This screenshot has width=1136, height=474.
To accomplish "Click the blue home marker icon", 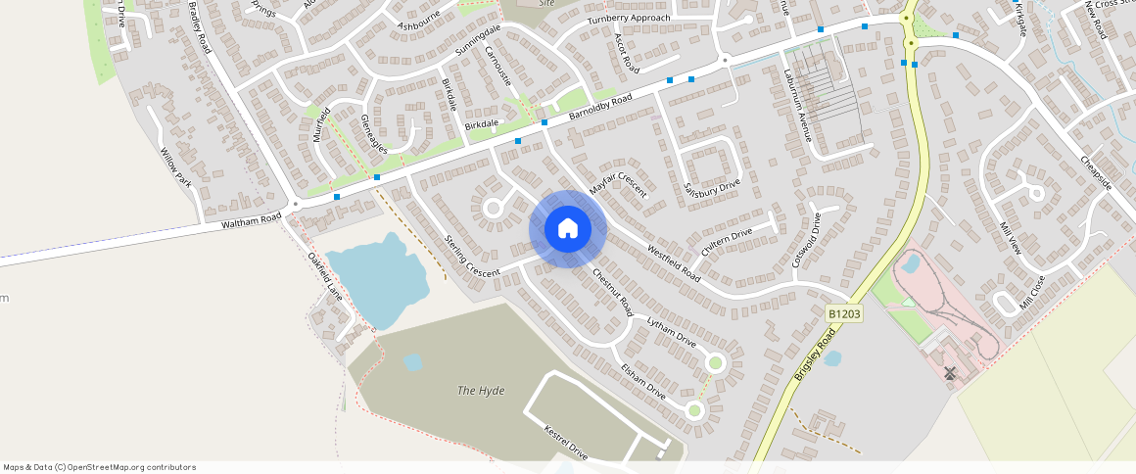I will tap(568, 229).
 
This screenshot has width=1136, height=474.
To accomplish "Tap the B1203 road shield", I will tap(843, 313).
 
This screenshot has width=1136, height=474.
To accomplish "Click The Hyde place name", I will tap(481, 391).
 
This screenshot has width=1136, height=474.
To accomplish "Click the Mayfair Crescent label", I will tap(618, 176).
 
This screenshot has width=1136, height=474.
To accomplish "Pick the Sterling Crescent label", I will tap(472, 256).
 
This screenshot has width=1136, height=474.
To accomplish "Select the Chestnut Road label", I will tap(612, 291).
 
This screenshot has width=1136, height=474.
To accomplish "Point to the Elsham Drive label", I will tap(642, 382).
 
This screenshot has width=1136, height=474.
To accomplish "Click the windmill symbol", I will tap(949, 373).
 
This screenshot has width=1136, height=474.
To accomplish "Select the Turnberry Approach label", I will tap(629, 19).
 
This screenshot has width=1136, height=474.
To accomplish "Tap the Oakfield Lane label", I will tap(325, 276).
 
